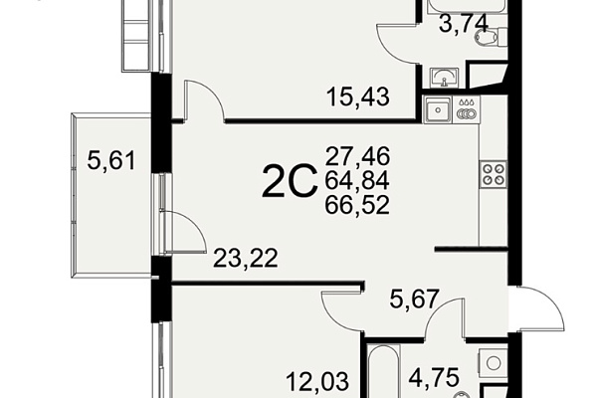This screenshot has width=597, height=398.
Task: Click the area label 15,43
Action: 358,97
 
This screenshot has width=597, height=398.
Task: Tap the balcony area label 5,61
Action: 111,160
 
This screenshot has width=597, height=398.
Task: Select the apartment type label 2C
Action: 290,182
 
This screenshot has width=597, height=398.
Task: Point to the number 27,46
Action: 357,156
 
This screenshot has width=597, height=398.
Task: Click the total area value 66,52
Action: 357,205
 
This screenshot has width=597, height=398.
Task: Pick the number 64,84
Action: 357,180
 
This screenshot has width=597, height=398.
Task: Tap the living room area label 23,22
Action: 246,259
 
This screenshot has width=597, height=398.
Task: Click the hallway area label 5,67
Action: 415,298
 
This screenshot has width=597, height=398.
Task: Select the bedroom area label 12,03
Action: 317,381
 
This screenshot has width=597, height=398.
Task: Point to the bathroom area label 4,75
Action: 434,378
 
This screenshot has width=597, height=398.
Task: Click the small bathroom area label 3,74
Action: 464,24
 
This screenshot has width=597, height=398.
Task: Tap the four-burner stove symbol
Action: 494,174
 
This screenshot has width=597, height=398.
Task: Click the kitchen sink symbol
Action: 438,109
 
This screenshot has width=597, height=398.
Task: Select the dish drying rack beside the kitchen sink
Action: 467,109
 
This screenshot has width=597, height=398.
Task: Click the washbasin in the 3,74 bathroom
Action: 444,78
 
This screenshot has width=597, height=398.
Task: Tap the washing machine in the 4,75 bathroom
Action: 494,362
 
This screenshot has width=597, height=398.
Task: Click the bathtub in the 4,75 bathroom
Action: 384,371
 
